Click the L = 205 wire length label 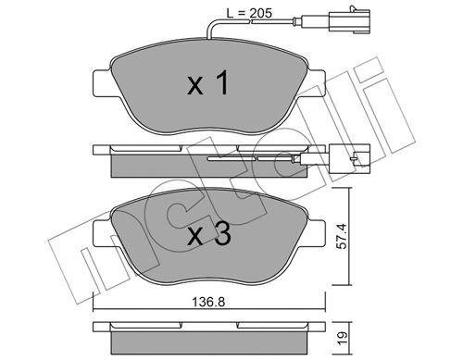pyautogui.click(x=249, y=13)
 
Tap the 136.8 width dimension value pyautogui.click(x=208, y=302)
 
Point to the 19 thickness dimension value pyautogui.click(x=343, y=338)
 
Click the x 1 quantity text pyautogui.click(x=208, y=82)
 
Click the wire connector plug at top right pyautogui.click(x=350, y=20)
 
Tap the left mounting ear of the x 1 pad pyautogui.click(x=103, y=83)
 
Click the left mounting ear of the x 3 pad pyautogui.click(x=103, y=233)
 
